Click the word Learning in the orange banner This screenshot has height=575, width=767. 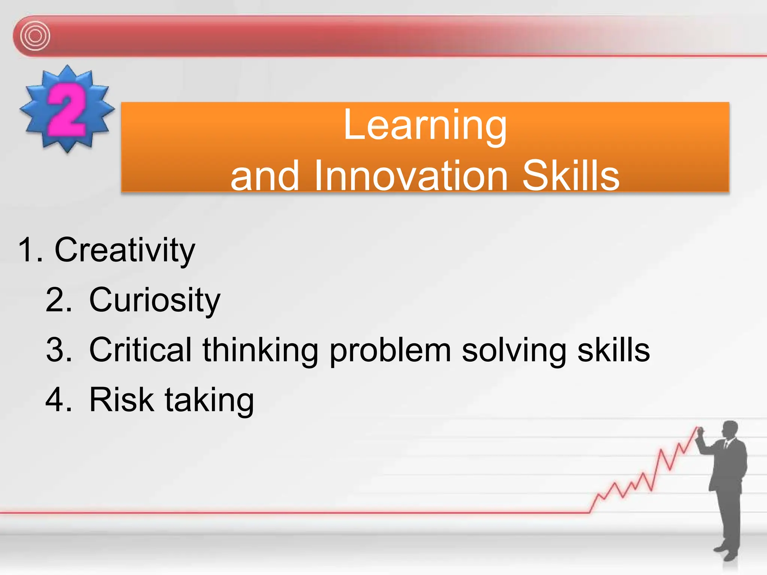425,125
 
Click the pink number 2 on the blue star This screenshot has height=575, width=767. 66,110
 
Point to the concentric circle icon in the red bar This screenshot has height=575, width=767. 35,36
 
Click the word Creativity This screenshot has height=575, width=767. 125,250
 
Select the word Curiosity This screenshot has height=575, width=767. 155,300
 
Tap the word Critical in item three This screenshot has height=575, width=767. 140,350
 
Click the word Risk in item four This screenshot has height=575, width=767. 122,400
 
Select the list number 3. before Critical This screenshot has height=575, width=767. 58,350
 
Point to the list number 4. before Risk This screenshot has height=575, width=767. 58,400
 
